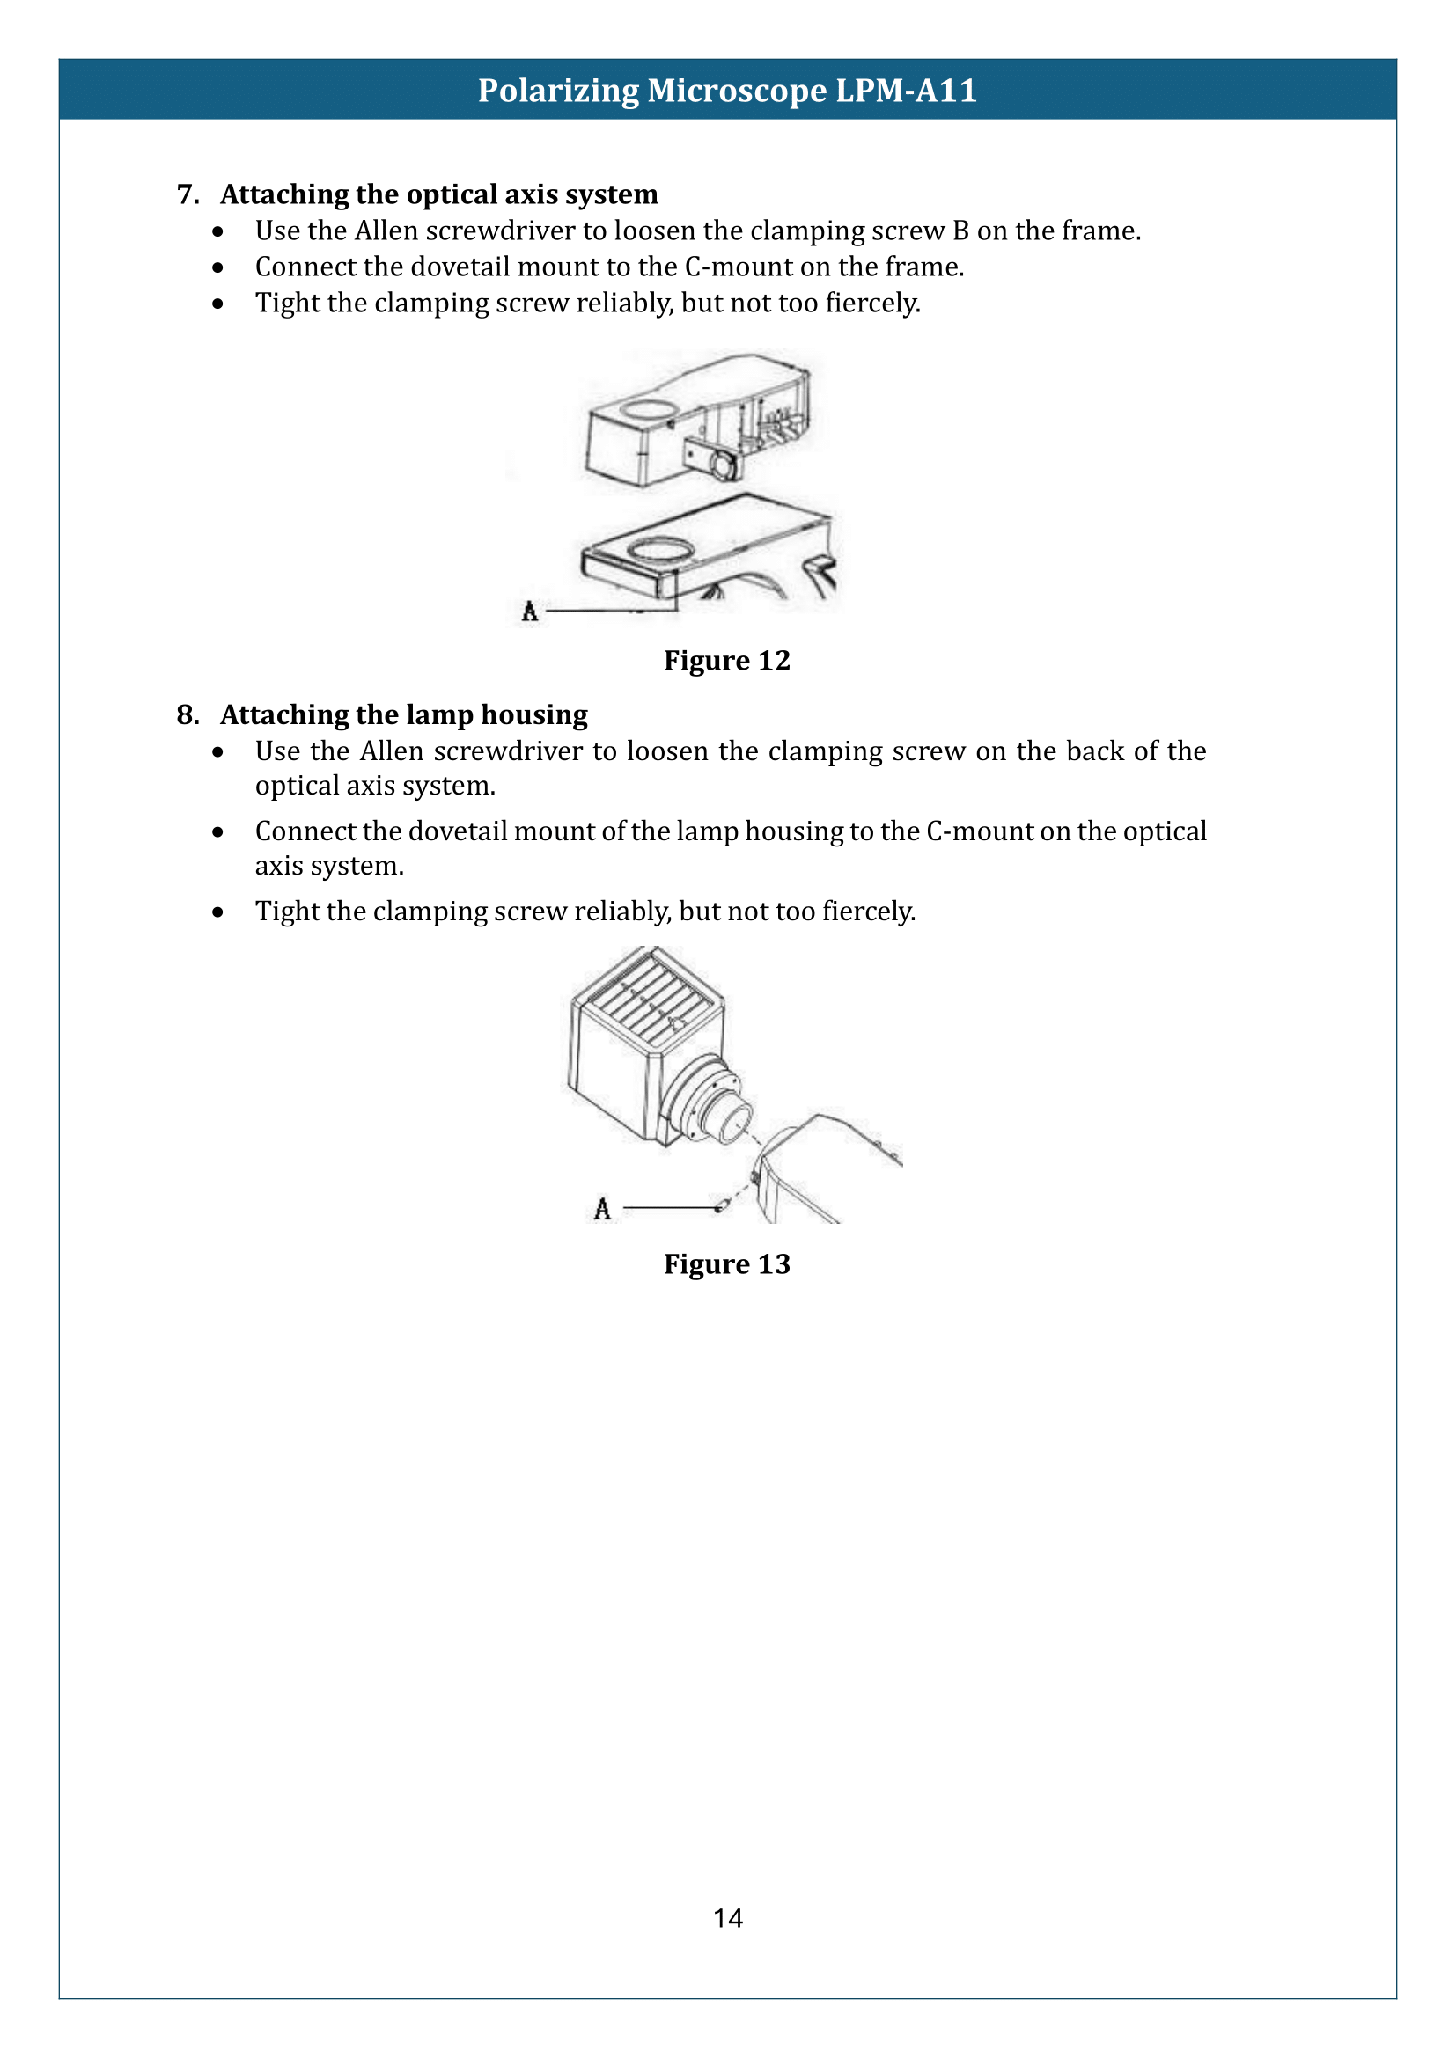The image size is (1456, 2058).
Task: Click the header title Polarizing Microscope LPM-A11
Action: click(727, 91)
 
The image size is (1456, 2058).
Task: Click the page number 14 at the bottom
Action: click(727, 1918)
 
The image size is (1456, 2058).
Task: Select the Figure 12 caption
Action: click(727, 661)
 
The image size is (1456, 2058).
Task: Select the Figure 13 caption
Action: click(727, 1263)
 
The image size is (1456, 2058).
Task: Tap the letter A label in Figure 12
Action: click(530, 612)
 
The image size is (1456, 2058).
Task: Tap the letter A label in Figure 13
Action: click(602, 1209)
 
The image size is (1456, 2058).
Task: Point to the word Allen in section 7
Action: click(386, 231)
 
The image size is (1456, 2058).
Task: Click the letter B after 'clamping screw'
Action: click(960, 231)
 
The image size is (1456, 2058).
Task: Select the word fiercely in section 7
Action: click(872, 303)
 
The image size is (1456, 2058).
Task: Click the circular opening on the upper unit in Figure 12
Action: click(648, 409)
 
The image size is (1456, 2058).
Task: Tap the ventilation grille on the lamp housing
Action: click(648, 1000)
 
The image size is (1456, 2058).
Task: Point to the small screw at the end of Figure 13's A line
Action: click(721, 1206)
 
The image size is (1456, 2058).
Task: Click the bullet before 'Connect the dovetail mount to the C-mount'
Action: click(217, 267)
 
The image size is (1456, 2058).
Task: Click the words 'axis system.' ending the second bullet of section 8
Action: click(329, 866)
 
